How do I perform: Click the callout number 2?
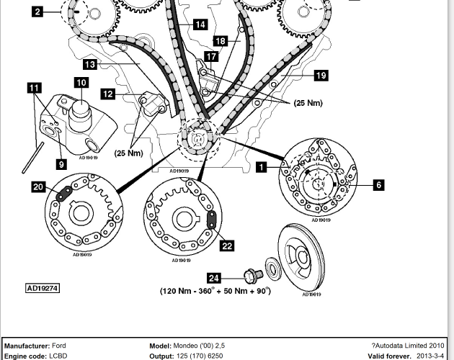click(x=37, y=11)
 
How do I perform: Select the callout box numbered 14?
click(x=200, y=24)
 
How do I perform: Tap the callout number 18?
click(x=220, y=41)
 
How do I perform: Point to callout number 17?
click(x=210, y=56)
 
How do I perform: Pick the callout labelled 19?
click(x=321, y=75)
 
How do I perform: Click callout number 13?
click(x=89, y=65)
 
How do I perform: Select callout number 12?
click(x=108, y=94)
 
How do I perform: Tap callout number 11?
click(x=34, y=88)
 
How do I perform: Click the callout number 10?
click(x=80, y=84)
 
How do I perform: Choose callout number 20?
click(x=37, y=187)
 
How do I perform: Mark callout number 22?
click(x=227, y=246)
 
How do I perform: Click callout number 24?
click(x=213, y=277)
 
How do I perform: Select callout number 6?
click(x=378, y=185)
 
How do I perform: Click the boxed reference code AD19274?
click(x=43, y=288)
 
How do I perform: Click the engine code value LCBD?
click(x=58, y=356)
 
